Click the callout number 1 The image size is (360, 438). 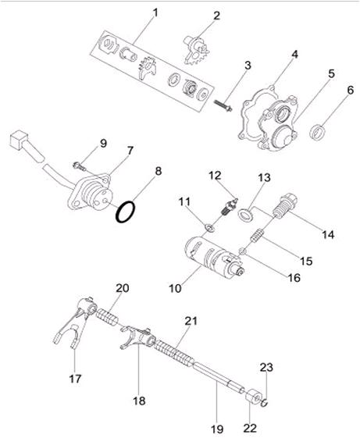155,12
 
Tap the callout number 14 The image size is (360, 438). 328,235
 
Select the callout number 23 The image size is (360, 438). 266,367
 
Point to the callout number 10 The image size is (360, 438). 175,288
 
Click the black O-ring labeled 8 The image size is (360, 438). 126,212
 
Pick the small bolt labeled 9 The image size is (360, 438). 80,166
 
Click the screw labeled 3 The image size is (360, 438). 223,105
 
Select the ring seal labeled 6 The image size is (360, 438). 318,133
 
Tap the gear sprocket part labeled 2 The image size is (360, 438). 197,50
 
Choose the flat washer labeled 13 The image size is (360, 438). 245,215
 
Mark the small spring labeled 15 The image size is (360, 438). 257,236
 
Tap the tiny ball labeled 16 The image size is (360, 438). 242,251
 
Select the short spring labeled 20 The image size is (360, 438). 108,317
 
